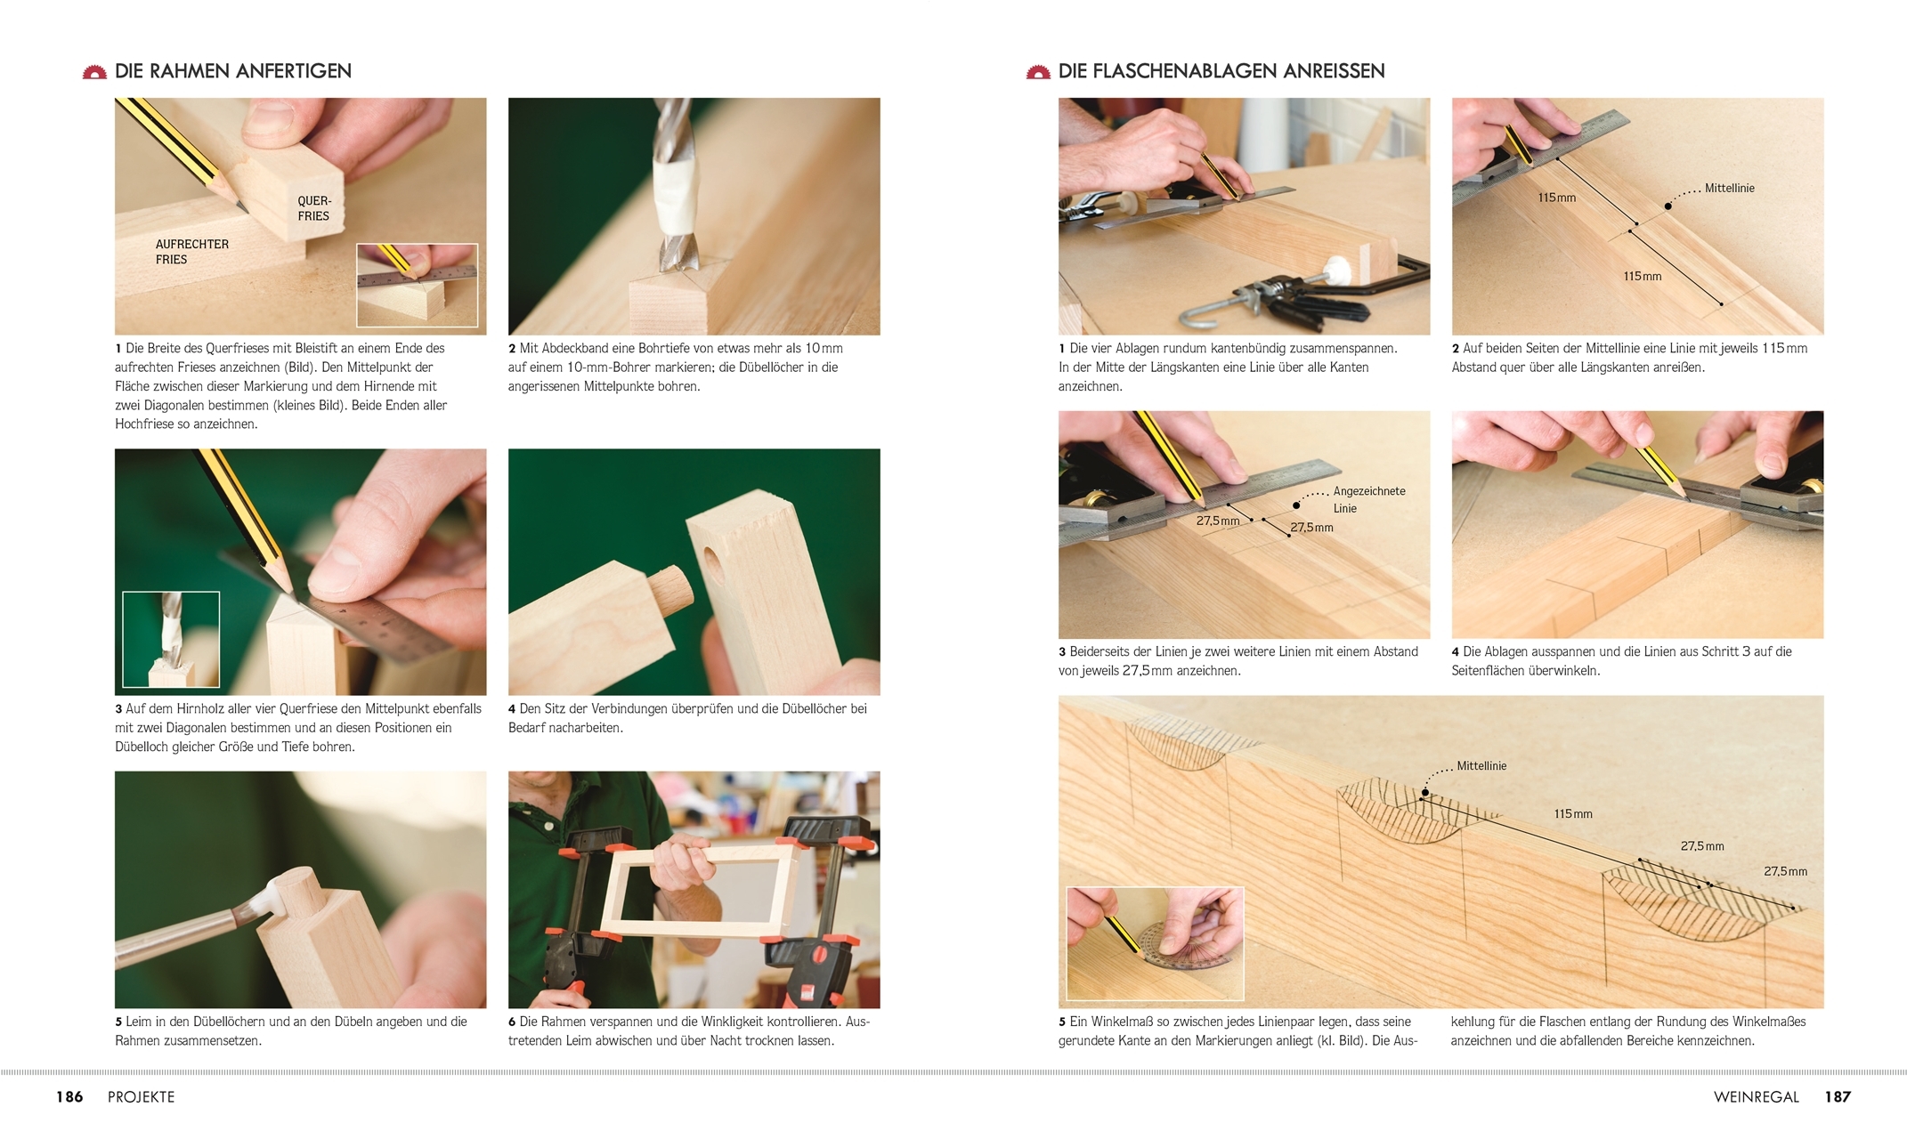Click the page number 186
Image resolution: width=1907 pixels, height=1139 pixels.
(69, 1097)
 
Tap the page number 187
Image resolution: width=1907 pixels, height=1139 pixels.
(1838, 1097)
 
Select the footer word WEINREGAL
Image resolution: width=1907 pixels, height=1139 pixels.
(1757, 1097)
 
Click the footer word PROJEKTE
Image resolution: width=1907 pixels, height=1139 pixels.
(141, 1097)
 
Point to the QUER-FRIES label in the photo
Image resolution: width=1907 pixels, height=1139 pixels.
(313, 208)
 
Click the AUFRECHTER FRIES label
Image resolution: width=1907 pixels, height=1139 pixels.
(191, 252)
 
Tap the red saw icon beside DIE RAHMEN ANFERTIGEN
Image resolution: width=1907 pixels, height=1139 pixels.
(94, 72)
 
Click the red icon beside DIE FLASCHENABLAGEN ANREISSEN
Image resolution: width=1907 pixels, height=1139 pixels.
(1038, 72)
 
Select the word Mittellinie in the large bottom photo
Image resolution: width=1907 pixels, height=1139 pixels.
(1481, 766)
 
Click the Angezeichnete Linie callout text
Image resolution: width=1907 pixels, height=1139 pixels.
(1369, 499)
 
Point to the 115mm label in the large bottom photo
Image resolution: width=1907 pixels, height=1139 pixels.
(1573, 814)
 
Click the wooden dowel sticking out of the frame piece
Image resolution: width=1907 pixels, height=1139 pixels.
(670, 587)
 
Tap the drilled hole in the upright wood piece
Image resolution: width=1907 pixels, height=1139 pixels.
(713, 561)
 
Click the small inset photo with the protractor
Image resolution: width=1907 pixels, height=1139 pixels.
(1155, 943)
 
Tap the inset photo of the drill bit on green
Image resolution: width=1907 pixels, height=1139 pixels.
(171, 640)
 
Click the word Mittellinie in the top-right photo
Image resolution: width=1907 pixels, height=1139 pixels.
(1729, 189)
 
